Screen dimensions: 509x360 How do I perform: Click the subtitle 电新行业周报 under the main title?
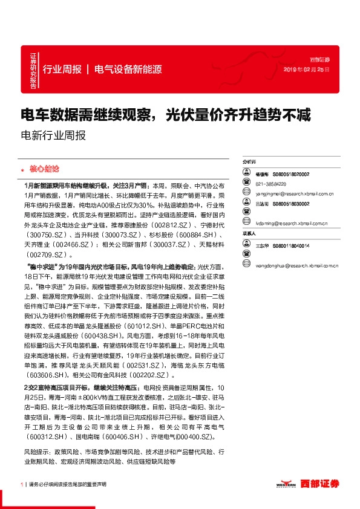[53, 135]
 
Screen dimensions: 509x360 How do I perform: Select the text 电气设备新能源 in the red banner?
[128, 69]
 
